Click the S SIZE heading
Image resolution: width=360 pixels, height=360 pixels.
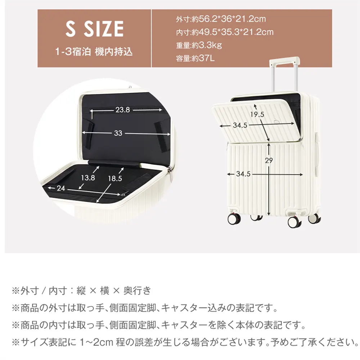coord(95,29)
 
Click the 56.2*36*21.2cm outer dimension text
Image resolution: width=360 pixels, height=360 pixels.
coord(232,19)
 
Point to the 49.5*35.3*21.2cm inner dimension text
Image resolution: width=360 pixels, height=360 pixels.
coord(236,32)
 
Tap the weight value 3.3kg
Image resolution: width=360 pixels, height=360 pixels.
coord(210,45)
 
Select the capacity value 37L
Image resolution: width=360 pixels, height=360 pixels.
coord(207,58)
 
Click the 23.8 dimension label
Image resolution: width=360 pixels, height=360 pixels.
coord(123,110)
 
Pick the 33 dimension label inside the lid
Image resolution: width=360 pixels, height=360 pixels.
coord(118,133)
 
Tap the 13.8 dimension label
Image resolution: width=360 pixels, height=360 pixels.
coord(88,178)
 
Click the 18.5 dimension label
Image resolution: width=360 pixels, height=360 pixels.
coord(115,179)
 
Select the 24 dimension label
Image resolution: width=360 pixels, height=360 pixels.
coord(61,188)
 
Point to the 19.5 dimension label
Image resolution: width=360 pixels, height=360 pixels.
coord(257,114)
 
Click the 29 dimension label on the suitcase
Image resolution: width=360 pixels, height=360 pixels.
coord(269,160)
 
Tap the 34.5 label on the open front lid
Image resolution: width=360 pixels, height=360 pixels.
coord(240,125)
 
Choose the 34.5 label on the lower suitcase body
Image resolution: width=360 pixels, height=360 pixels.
coord(243,174)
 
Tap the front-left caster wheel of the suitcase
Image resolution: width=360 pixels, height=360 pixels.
coord(234,219)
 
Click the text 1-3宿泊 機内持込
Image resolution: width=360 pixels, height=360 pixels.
coord(94,51)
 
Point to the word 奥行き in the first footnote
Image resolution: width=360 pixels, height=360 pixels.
coord(137,291)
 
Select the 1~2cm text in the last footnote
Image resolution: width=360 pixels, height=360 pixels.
coord(96,342)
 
